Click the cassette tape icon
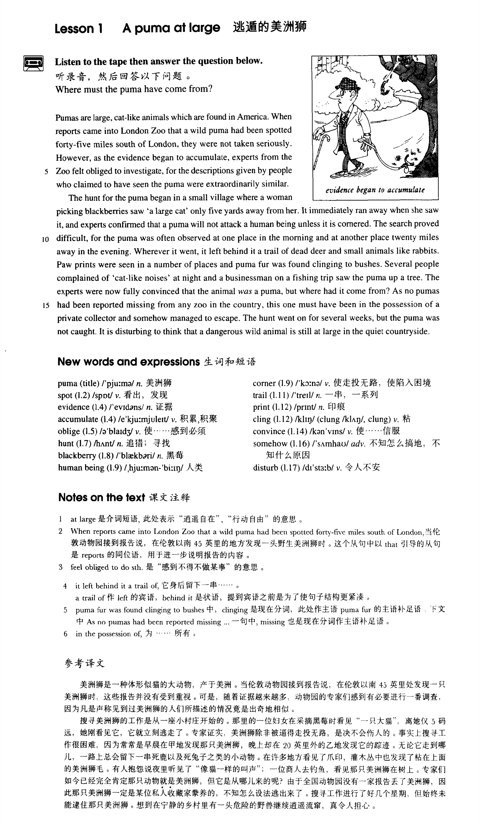pyautogui.click(x=33, y=63)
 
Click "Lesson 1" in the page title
pyautogui.click(x=78, y=29)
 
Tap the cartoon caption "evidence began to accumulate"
pyautogui.click(x=375, y=190)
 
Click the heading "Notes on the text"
pyautogui.click(x=101, y=497)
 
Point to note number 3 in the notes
pyautogui.click(x=60, y=567)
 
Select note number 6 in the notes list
pyautogui.click(x=66, y=634)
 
